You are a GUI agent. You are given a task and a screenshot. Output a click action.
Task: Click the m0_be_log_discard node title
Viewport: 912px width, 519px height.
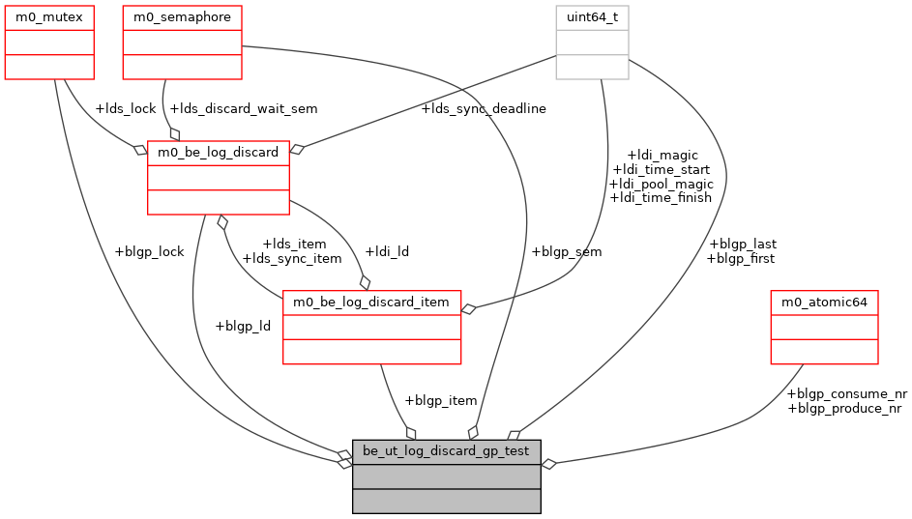(218, 153)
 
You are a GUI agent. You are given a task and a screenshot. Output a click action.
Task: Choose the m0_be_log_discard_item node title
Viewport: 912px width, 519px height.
(371, 303)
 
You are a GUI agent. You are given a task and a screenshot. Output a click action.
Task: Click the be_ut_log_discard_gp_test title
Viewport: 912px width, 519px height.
(446, 451)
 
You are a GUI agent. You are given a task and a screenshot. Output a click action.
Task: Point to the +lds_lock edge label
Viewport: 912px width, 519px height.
(125, 109)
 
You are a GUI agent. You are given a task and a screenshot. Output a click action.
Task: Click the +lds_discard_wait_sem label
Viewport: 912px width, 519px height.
(243, 109)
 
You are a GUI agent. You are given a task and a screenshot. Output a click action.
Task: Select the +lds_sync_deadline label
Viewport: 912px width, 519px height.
(483, 109)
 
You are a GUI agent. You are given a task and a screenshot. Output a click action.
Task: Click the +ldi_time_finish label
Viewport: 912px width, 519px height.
(661, 198)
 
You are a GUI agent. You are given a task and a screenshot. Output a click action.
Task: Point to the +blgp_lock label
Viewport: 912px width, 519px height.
(148, 252)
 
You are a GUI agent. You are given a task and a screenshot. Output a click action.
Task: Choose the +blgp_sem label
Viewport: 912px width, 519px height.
(566, 252)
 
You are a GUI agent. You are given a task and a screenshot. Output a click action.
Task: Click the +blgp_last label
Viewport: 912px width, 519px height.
(742, 245)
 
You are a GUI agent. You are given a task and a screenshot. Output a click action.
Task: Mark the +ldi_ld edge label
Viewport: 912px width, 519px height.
(386, 252)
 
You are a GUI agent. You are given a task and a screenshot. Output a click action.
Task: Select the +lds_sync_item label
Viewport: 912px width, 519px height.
(291, 259)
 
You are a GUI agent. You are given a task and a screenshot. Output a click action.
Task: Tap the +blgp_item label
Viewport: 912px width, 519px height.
(440, 401)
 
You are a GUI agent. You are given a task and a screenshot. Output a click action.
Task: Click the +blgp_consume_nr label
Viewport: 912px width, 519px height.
(847, 394)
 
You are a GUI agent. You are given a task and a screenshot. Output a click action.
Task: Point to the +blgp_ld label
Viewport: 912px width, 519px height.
(242, 326)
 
